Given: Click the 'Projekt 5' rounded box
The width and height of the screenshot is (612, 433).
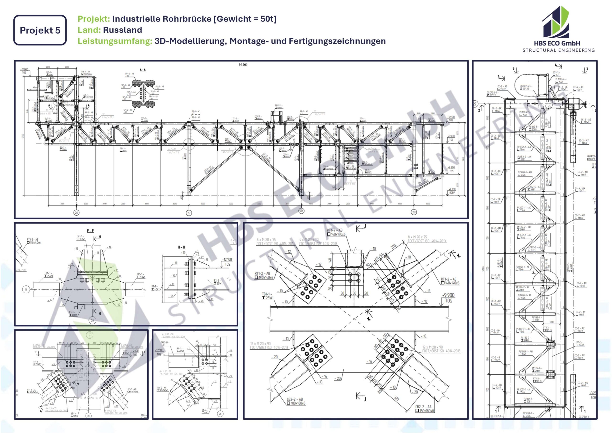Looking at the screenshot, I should pyautogui.click(x=40, y=30).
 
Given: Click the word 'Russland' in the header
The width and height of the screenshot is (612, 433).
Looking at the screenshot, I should pyautogui.click(x=122, y=30).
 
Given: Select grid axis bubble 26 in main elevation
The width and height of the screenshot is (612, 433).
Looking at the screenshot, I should pyautogui.click(x=76, y=213).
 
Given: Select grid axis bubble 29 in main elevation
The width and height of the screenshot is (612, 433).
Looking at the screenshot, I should pyautogui.click(x=414, y=212).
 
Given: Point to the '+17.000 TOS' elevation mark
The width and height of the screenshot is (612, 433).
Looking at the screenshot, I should pyautogui.click(x=24, y=71).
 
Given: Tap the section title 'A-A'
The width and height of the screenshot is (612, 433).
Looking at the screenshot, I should pyautogui.click(x=143, y=70).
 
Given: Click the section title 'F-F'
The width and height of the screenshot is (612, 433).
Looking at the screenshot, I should pyautogui.click(x=90, y=231).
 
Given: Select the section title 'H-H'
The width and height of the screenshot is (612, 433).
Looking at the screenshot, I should pyautogui.click(x=181, y=247).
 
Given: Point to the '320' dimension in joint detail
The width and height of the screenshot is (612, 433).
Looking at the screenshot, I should pyautogui.click(x=396, y=398).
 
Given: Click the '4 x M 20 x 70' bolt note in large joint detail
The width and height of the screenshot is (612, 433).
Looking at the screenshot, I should pyautogui.click(x=309, y=240).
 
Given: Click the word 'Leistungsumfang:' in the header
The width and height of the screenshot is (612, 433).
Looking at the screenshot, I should pyautogui.click(x=115, y=41).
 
